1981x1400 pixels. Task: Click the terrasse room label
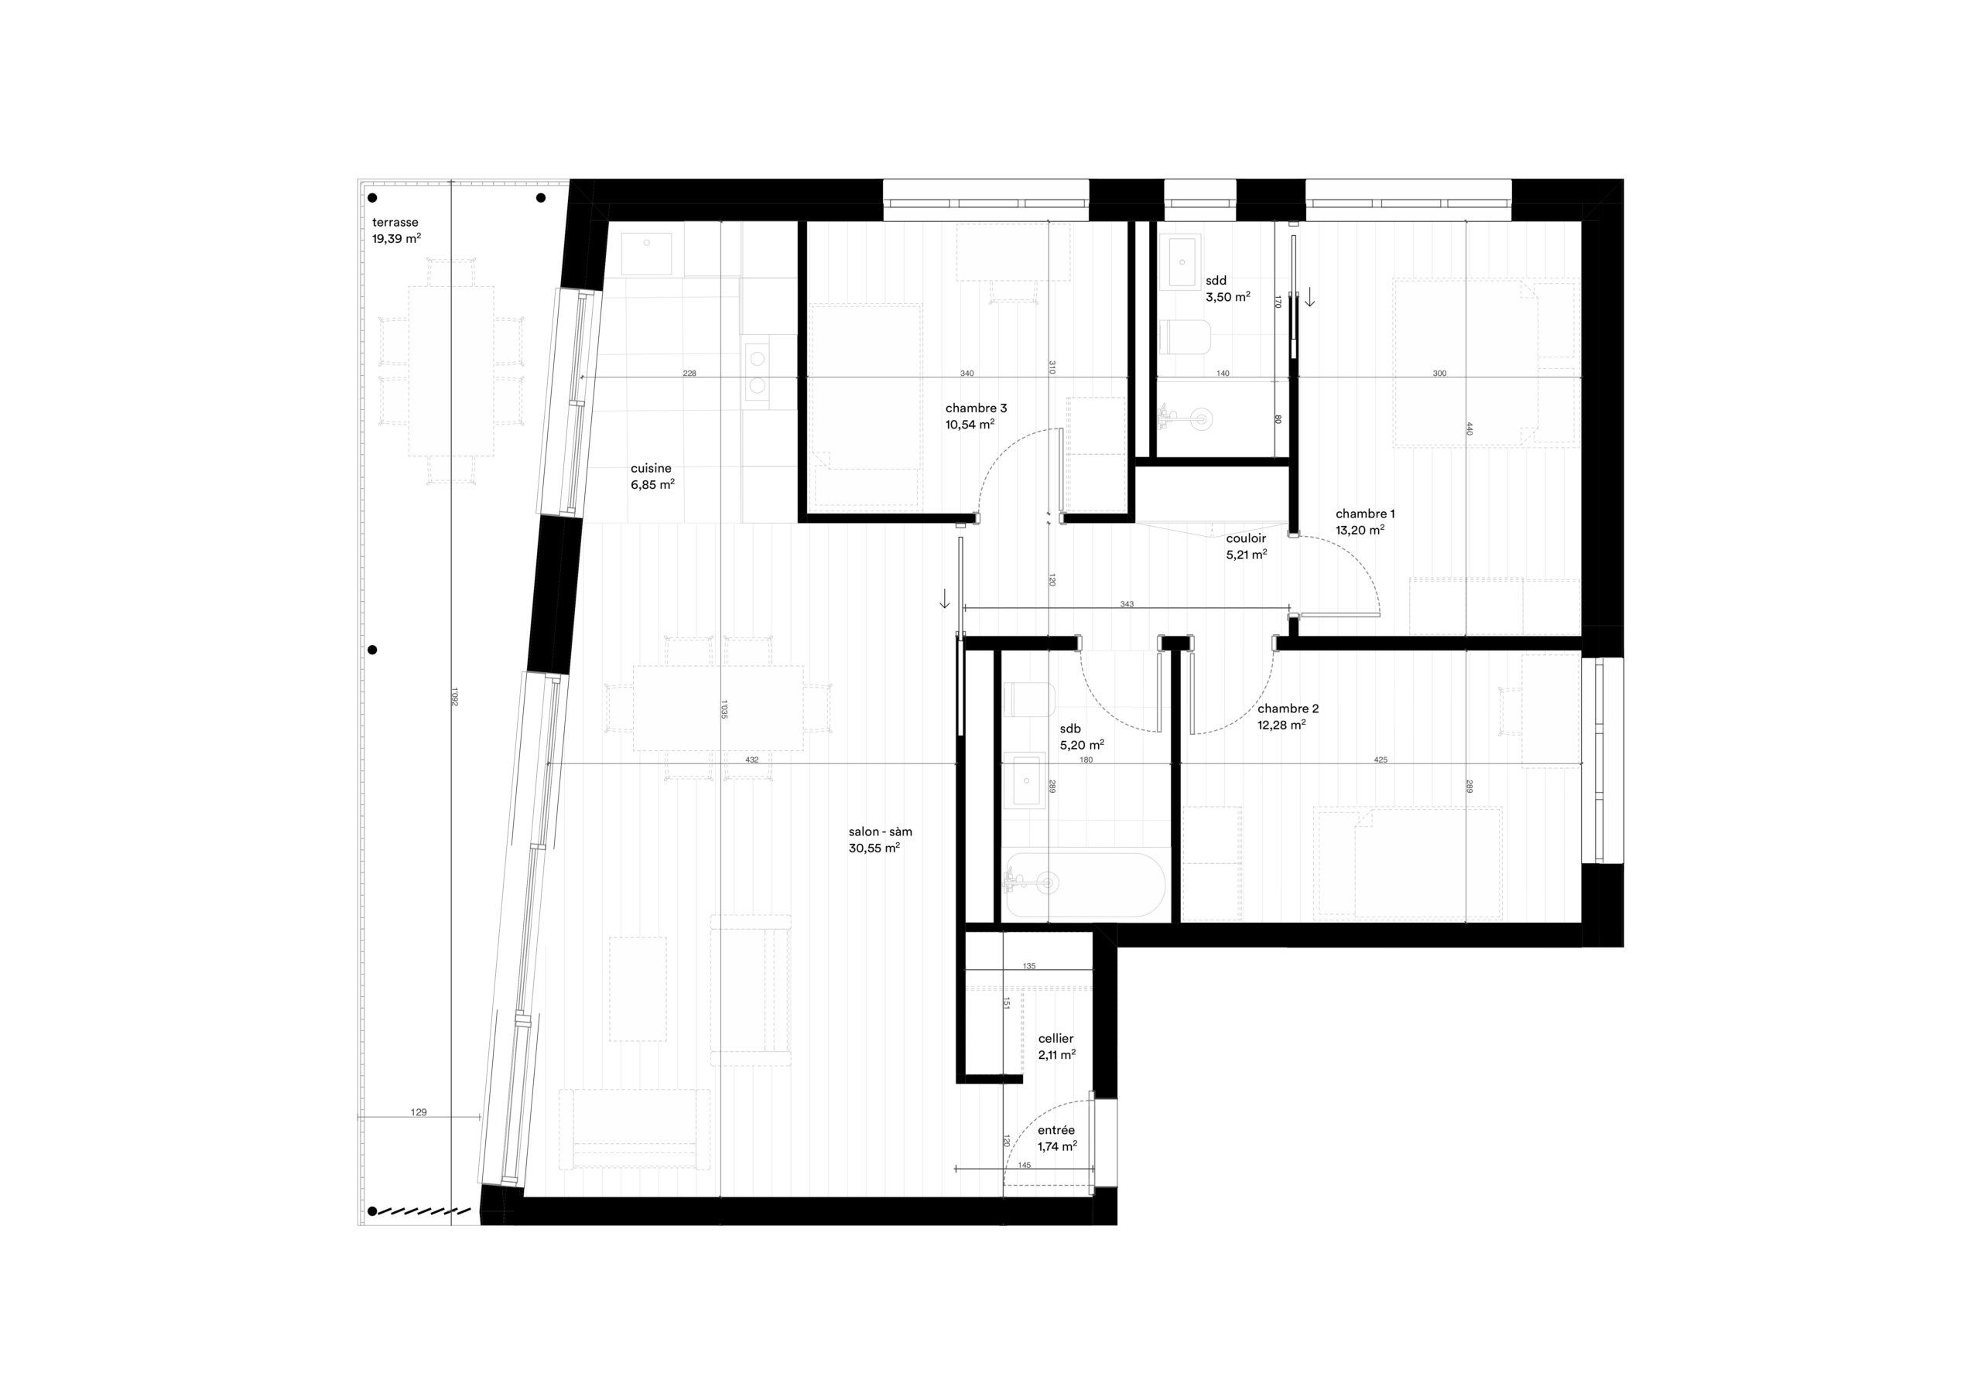395,230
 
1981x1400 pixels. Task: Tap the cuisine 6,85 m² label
652,477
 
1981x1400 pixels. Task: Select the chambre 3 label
976,416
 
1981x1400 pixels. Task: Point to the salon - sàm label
879,839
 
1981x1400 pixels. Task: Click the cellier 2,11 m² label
1056,1047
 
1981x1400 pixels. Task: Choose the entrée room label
1056,1138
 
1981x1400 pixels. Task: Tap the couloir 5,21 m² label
1246,546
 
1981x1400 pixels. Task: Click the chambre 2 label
1288,716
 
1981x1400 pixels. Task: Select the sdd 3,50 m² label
1227,288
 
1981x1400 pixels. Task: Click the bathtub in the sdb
1086,884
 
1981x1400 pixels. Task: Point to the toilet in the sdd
1186,336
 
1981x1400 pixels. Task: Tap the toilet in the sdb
1029,698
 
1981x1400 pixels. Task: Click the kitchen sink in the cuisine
646,254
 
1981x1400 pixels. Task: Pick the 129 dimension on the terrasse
419,1112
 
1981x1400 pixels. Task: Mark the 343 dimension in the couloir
1127,604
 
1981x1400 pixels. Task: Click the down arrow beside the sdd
1310,298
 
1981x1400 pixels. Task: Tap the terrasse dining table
451,371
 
